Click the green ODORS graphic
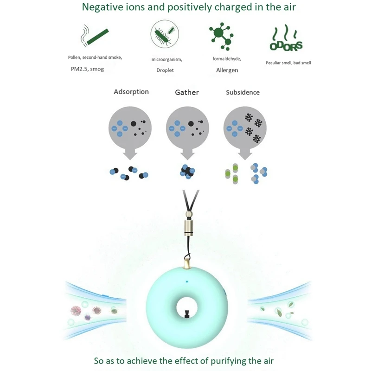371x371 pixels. click(x=286, y=41)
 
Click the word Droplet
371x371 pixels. click(x=166, y=70)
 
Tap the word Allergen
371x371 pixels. click(x=227, y=70)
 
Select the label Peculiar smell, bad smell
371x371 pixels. click(x=288, y=63)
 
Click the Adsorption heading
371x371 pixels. click(x=131, y=92)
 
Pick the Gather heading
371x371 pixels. click(x=187, y=92)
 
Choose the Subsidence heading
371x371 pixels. click(x=243, y=92)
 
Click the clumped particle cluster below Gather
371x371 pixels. click(x=187, y=172)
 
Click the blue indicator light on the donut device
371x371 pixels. click(x=187, y=281)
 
